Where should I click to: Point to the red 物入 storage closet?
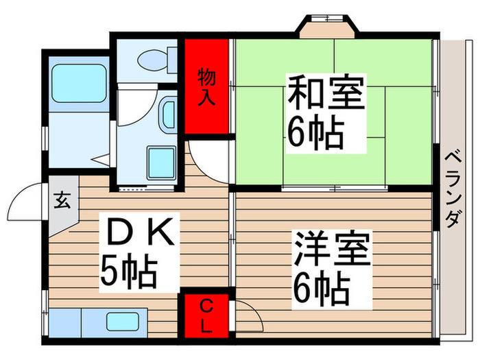tap(206, 86)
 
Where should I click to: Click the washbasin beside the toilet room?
tap(169, 113)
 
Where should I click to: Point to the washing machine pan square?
tap(163, 162)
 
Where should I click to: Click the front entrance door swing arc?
tap(25, 202)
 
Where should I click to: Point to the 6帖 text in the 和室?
tap(315, 134)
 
